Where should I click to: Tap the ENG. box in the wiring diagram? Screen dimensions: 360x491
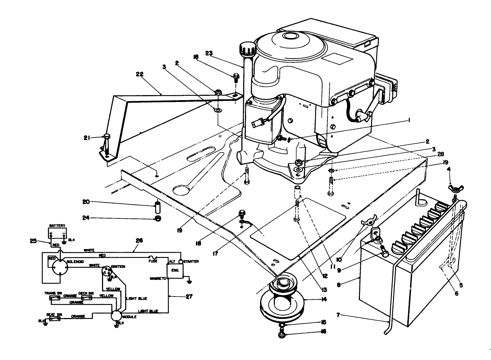point(175,270)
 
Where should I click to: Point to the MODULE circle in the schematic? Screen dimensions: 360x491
point(117,315)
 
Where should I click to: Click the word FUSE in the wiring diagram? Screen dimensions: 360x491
point(153,261)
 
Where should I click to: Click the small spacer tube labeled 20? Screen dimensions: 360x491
point(157,207)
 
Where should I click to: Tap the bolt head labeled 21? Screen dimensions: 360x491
point(107,136)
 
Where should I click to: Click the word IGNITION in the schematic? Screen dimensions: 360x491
point(118,267)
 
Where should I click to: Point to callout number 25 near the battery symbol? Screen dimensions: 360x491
point(33,241)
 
